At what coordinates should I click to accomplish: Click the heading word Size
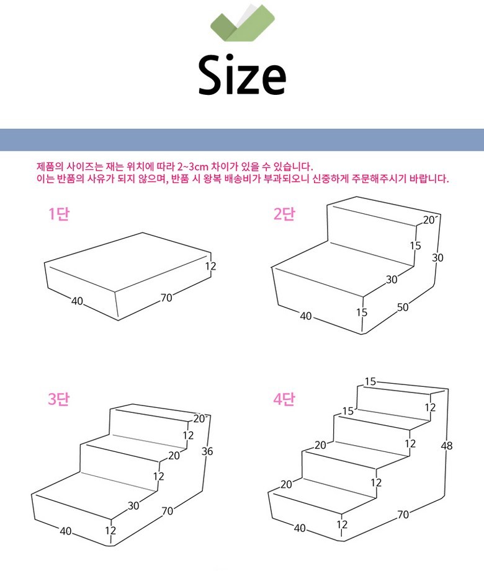point(242,75)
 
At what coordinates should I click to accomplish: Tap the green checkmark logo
point(243,22)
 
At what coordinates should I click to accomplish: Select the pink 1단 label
point(59,213)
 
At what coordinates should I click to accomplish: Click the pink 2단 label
point(284,213)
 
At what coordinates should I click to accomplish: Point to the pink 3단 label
point(59,399)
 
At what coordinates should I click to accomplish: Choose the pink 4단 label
point(284,399)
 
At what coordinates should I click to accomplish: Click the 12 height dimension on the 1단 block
point(210,266)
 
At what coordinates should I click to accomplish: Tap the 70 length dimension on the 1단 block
point(166,298)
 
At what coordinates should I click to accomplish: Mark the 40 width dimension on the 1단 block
point(77,301)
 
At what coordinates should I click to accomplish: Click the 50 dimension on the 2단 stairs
point(402,308)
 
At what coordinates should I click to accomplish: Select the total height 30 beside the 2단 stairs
point(437,258)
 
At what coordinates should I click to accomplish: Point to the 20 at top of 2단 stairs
point(429,220)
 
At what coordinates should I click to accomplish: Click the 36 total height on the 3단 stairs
point(207,451)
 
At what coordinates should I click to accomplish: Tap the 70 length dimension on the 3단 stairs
point(168,511)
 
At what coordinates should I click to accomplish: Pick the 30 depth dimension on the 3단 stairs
point(133,505)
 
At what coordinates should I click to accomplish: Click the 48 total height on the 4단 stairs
point(447,445)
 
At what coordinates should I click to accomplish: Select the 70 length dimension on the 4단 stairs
point(403,515)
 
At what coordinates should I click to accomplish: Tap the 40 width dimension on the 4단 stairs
point(300,528)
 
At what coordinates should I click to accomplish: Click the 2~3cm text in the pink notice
point(192,167)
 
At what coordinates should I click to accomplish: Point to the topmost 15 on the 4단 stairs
point(370,381)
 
